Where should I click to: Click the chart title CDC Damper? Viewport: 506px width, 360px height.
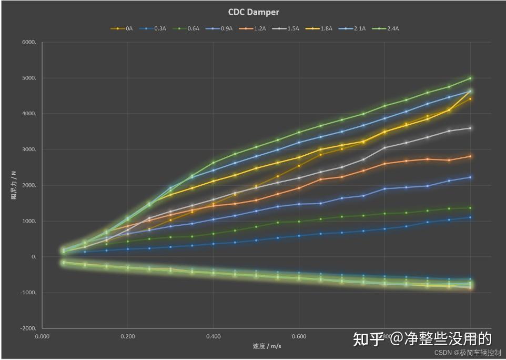253,12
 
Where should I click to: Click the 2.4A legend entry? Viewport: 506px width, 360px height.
385,28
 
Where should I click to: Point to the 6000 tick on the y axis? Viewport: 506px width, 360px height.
29,43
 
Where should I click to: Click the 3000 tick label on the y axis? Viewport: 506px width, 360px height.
29,150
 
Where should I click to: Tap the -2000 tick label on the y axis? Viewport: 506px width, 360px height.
28,328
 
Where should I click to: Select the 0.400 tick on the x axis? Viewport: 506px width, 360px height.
213,336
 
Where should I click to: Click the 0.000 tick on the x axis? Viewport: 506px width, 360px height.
42,336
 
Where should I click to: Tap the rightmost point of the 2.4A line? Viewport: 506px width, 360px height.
470,78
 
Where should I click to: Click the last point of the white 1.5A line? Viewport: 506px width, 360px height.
470,128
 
